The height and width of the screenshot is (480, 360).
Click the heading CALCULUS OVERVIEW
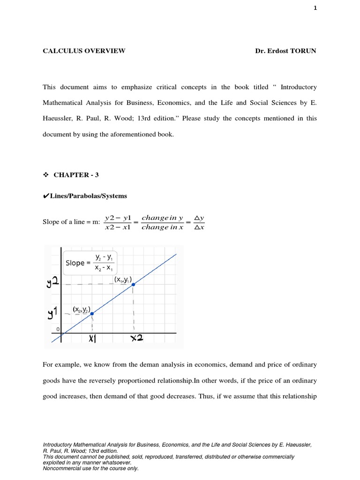click(84, 51)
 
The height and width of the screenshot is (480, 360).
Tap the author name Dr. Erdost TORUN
click(285, 51)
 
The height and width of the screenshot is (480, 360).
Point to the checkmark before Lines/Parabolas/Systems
click(46, 196)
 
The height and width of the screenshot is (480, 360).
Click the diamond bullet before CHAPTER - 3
click(45, 175)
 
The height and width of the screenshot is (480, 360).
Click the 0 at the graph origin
click(59, 330)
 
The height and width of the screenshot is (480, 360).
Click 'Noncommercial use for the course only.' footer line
click(90, 468)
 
